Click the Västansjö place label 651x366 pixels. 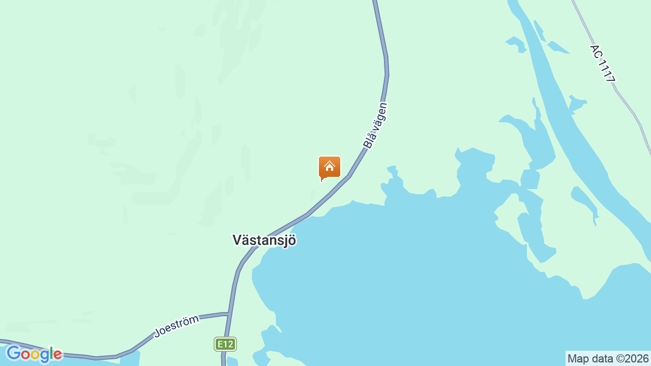[x=264, y=240]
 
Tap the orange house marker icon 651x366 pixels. [x=330, y=167]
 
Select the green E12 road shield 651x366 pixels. [x=225, y=344]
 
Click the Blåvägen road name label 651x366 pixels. [x=375, y=126]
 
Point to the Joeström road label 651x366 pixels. [x=176, y=326]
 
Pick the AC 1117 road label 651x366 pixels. [x=603, y=64]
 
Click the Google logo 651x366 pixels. [x=34, y=354]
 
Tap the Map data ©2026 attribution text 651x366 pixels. [x=608, y=358]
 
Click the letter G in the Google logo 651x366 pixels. [x=13, y=353]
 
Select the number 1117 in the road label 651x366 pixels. [x=607, y=71]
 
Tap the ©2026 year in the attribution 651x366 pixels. [x=632, y=358]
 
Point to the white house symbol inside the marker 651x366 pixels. [x=330, y=166]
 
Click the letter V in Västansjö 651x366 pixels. [x=237, y=240]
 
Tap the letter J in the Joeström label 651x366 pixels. [x=158, y=333]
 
